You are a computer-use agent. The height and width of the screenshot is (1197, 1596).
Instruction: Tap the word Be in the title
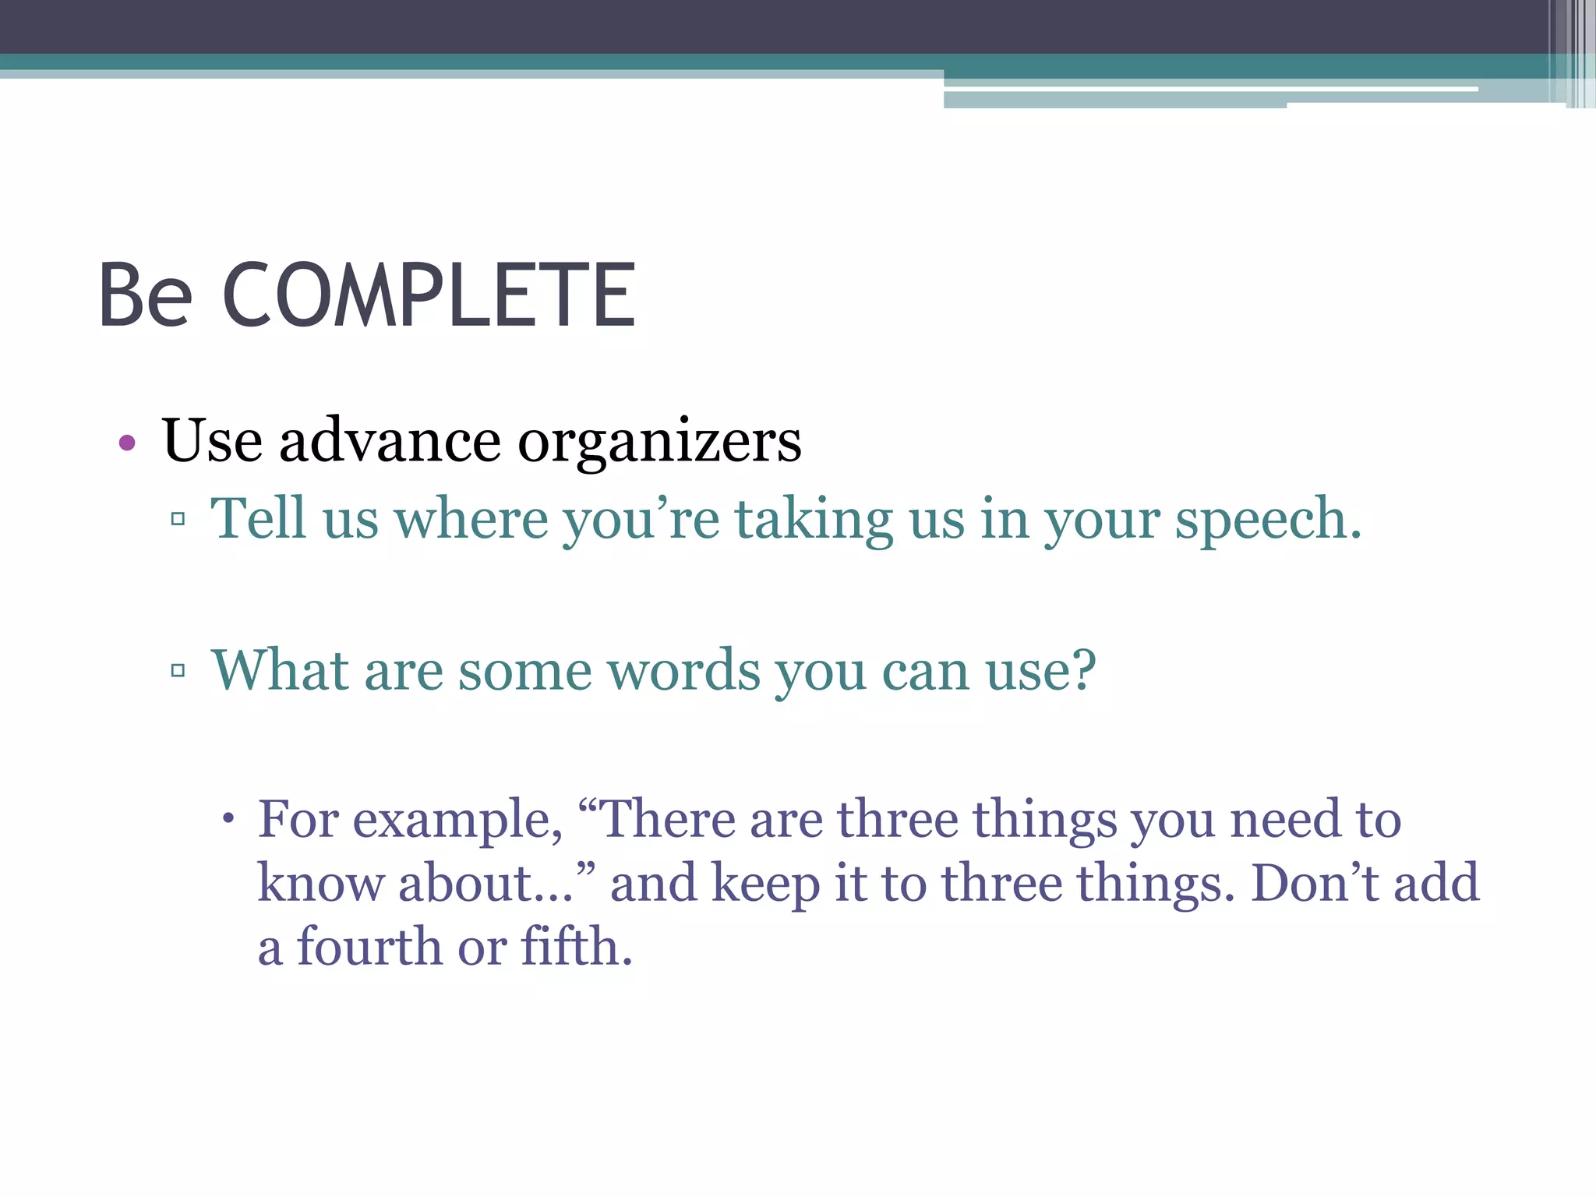(145, 296)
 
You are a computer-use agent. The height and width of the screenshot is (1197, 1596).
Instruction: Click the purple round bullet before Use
(127, 443)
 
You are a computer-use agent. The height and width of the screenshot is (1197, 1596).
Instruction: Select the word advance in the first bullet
(390, 441)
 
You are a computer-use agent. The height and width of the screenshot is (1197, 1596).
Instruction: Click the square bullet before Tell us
(178, 518)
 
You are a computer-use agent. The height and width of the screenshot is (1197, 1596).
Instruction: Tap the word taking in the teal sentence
(814, 520)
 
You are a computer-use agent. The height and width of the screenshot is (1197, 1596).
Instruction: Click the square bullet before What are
(178, 669)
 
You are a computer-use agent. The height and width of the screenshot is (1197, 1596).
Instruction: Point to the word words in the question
(683, 670)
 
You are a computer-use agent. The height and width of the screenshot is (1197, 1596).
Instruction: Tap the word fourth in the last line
(369, 947)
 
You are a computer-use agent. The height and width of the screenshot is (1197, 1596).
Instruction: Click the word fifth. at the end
(576, 947)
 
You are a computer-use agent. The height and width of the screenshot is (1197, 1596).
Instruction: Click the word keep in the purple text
(765, 885)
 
